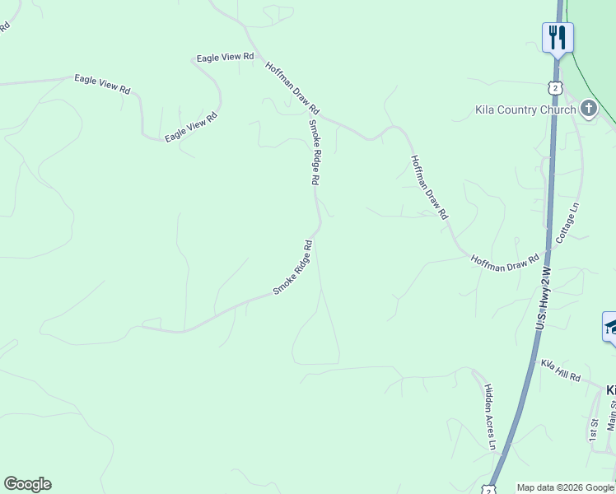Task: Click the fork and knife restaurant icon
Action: pyautogui.click(x=558, y=37)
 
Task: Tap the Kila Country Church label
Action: pyautogui.click(x=525, y=110)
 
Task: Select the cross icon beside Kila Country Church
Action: pyautogui.click(x=588, y=109)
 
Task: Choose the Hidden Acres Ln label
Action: pyautogui.click(x=490, y=417)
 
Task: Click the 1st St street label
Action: pyautogui.click(x=592, y=429)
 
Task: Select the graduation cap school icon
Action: pyautogui.click(x=610, y=327)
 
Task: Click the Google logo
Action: pyautogui.click(x=27, y=484)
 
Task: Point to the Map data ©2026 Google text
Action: pyautogui.click(x=566, y=487)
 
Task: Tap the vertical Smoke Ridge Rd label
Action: pyautogui.click(x=314, y=151)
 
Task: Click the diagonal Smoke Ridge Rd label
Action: pyautogui.click(x=293, y=268)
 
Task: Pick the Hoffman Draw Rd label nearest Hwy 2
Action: pyautogui.click(x=505, y=262)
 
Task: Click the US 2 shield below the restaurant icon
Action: pyautogui.click(x=556, y=88)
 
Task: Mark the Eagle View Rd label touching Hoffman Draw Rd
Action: pyautogui.click(x=225, y=58)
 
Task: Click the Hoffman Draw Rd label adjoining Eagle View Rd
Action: pyautogui.click(x=292, y=86)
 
